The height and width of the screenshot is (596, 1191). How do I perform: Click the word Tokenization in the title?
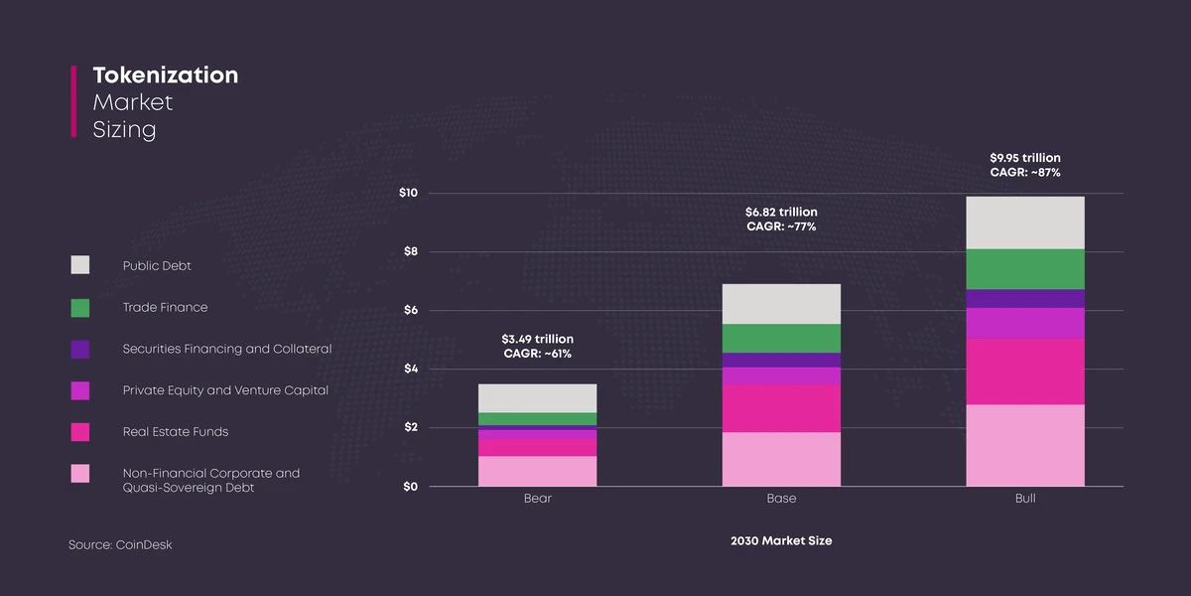pyautogui.click(x=165, y=75)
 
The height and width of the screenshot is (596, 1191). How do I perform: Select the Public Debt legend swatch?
pyautogui.click(x=80, y=265)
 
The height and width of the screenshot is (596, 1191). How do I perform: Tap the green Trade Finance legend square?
pyautogui.click(x=80, y=307)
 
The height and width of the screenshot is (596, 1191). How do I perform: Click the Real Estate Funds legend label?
pyautogui.click(x=175, y=432)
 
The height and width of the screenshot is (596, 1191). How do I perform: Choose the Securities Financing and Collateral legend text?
pyautogui.click(x=226, y=349)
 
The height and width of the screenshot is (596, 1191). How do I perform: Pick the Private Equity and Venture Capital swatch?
pyautogui.click(x=80, y=390)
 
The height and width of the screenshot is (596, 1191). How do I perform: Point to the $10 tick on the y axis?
pyautogui.click(x=408, y=193)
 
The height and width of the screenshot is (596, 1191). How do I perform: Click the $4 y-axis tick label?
pyautogui.click(x=408, y=369)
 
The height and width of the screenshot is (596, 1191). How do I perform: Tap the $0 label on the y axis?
pyautogui.click(x=408, y=487)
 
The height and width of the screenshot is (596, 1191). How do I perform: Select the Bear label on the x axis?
pyautogui.click(x=537, y=499)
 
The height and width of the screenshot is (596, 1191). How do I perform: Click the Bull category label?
pyautogui.click(x=1025, y=499)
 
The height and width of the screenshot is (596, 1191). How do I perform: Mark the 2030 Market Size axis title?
pyautogui.click(x=781, y=541)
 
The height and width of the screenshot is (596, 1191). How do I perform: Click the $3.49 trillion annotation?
pyautogui.click(x=537, y=340)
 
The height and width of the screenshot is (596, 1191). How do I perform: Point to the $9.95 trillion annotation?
pyautogui.click(x=1025, y=158)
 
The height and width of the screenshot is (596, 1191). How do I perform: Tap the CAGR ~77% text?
pyautogui.click(x=781, y=226)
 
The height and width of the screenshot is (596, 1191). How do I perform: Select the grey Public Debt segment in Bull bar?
pyautogui.click(x=1025, y=223)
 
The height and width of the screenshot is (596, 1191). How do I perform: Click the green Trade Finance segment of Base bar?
pyautogui.click(x=781, y=338)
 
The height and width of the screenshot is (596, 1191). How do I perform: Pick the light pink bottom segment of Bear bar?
pyautogui.click(x=537, y=471)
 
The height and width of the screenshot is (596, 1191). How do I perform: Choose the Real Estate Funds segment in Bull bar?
pyautogui.click(x=1025, y=372)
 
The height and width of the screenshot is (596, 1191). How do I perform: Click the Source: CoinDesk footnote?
pyautogui.click(x=120, y=545)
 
